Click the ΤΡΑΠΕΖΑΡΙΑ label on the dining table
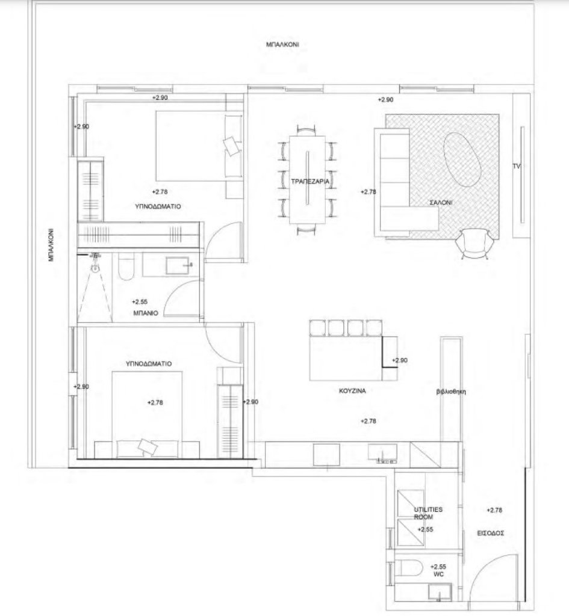[x=310, y=182]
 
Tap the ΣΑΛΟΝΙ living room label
[x=441, y=202]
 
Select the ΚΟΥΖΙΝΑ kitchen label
[x=352, y=391]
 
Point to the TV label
[x=516, y=166]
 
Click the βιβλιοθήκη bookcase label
[x=451, y=392]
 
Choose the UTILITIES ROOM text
[x=428, y=513]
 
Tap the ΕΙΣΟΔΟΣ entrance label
[x=490, y=533]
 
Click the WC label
[x=438, y=574]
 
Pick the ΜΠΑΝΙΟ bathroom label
[x=146, y=313]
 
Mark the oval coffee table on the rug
[x=462, y=159]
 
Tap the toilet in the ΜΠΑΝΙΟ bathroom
[x=126, y=266]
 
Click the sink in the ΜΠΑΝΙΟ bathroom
[x=177, y=265]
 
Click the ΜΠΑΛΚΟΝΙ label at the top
[x=282, y=45]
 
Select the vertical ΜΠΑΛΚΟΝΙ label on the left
[x=51, y=245]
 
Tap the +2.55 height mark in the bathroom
[x=140, y=302]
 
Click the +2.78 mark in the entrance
[x=494, y=510]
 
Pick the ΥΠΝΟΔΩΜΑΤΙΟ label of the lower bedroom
[x=149, y=364]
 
